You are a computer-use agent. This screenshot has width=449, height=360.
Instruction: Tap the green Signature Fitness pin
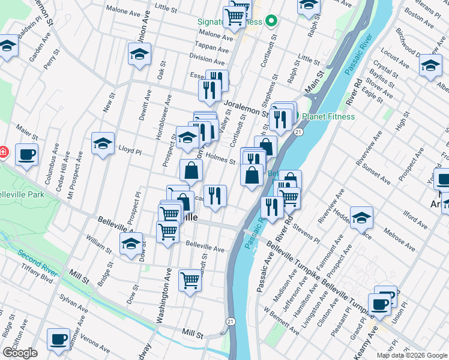pyautogui.click(x=271, y=22)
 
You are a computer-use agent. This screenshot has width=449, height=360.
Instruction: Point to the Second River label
pyautogui.click(x=37, y=262)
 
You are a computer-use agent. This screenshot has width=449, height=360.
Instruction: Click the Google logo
pyautogui.click(x=20, y=353)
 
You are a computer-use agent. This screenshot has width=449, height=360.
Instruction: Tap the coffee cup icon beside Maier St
pyautogui.click(x=26, y=154)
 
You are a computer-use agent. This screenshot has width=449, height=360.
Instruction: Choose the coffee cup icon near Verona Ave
pyautogui.click(x=58, y=339)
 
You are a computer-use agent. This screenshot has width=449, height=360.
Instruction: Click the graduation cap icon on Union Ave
pyautogui.click(x=139, y=55)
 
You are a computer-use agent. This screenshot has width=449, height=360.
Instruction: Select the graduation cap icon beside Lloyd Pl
pyautogui.click(x=103, y=143)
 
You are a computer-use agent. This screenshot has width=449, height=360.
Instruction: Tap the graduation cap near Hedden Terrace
pyautogui.click(x=361, y=218)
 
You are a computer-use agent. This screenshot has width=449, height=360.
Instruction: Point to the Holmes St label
pyautogui.click(x=220, y=158)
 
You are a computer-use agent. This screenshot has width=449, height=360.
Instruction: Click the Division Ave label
pyautogui.click(x=206, y=59)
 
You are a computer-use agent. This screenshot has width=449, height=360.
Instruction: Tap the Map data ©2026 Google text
pyautogui.click(x=412, y=355)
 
